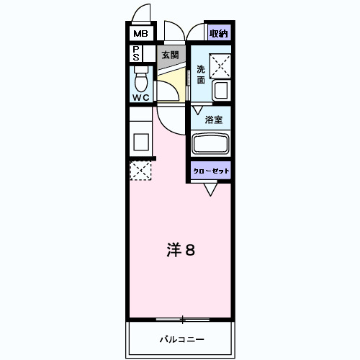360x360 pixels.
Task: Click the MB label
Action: [140, 33]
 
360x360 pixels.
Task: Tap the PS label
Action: [135, 53]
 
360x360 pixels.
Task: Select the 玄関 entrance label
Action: [170, 55]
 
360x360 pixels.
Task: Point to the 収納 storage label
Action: [219, 33]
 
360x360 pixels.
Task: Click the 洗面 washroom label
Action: [201, 75]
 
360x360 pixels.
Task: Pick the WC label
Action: [141, 97]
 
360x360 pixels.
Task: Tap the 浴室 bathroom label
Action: [213, 120]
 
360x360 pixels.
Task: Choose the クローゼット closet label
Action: [211, 170]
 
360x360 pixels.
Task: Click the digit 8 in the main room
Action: [192, 250]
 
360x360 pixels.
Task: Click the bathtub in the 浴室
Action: [211, 144]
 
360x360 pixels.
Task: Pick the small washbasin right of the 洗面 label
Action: [221, 91]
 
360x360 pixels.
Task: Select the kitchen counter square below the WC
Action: [140, 140]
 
